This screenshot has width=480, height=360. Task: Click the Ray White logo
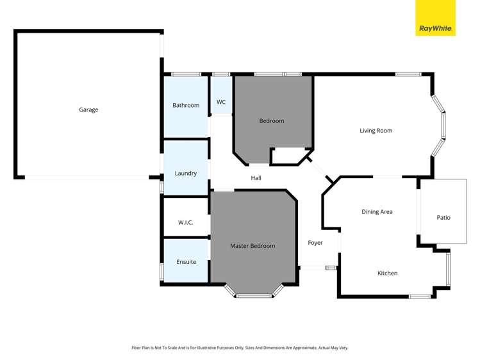pos(436,28)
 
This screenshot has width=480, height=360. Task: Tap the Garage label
pos(88,110)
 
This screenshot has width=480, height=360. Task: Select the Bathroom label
pos(186,105)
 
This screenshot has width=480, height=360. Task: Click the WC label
pos(221,102)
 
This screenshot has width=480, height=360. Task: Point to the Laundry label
pos(185,173)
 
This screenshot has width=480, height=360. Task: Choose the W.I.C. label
pos(186,222)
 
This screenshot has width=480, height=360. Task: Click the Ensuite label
pos(186,261)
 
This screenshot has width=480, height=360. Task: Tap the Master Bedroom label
pos(252,246)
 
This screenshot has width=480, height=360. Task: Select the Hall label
pos(256,178)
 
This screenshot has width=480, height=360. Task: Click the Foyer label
pos(315,243)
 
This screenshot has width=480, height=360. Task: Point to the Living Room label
pos(376,131)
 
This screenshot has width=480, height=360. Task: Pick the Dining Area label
pos(377,211)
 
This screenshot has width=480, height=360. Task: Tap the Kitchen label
pos(387,273)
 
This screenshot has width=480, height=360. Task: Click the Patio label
pos(443,217)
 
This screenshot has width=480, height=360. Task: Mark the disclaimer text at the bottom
pos(240,347)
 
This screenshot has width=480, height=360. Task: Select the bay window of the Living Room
pos(440,126)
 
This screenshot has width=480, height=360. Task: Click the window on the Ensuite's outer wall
pos(161,271)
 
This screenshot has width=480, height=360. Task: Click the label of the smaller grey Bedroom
pos(271,120)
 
